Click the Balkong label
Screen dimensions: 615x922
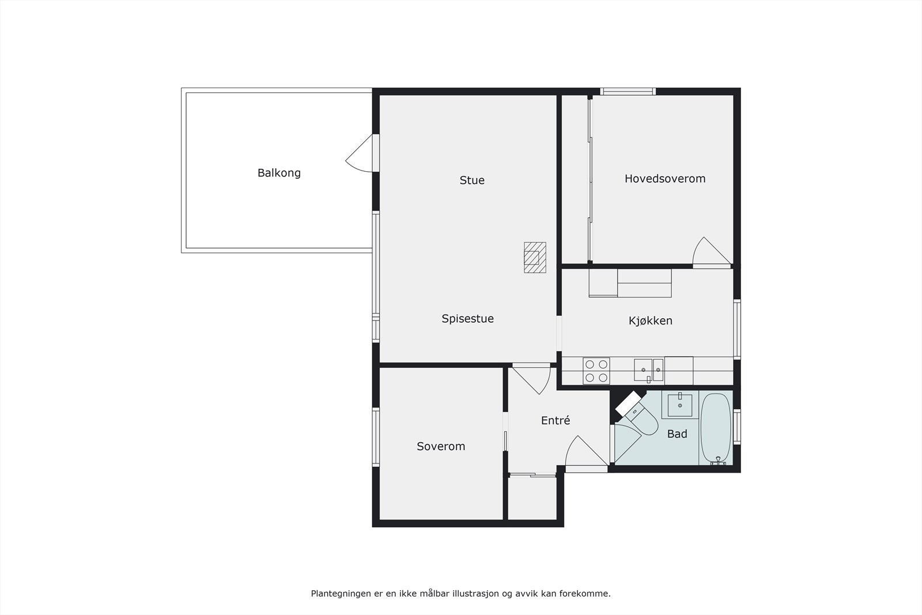[279, 173]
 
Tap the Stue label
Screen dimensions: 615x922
[472, 180]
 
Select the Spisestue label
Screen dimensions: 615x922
[467, 319]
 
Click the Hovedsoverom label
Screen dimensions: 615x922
[665, 179]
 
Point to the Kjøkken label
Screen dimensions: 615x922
[650, 321]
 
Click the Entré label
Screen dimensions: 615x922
[556, 421]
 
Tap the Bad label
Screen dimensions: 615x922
[677, 434]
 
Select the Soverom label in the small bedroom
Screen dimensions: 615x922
[441, 446]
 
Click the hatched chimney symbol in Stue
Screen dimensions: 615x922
[535, 257]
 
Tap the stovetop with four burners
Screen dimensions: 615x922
[596, 371]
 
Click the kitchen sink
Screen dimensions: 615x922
[649, 370]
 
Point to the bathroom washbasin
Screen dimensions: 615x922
[681, 405]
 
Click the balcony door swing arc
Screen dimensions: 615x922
[358, 154]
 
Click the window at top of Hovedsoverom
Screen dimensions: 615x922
[628, 91]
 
